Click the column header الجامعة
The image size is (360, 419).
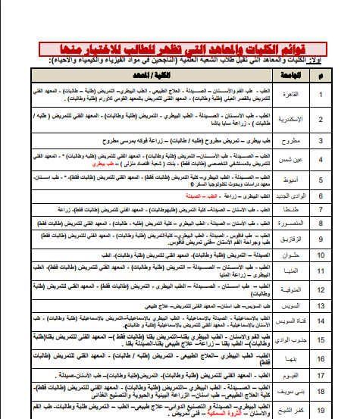pos(301,77)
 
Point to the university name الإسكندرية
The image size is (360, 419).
pos(301,119)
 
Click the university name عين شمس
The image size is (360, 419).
pos(301,160)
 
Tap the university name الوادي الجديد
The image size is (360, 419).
pos(301,197)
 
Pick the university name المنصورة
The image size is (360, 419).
pos(301,224)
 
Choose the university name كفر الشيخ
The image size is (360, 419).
pos(301,411)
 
